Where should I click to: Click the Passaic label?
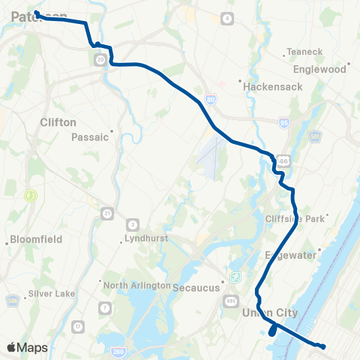91,137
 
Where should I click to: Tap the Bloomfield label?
35,241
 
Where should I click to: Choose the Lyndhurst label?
147,241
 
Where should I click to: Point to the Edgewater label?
295,256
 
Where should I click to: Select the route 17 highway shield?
79,327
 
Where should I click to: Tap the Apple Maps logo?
27,347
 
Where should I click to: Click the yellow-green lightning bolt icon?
31,196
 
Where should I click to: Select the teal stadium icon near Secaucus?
235,277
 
